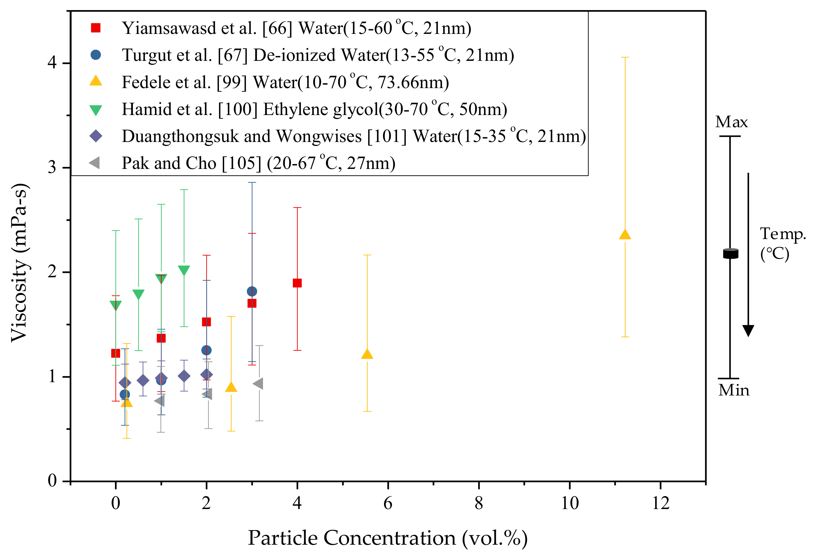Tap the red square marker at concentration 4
click(x=297, y=283)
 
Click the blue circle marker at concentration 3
click(x=252, y=291)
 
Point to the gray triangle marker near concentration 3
click(x=258, y=384)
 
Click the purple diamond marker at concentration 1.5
click(x=184, y=376)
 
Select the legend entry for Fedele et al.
click(x=285, y=82)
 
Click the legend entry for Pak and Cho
click(x=258, y=163)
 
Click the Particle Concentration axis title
click(x=388, y=538)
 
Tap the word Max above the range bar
click(x=732, y=122)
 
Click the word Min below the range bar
click(x=734, y=390)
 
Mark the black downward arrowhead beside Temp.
click(x=748, y=330)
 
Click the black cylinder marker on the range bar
click(x=730, y=253)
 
